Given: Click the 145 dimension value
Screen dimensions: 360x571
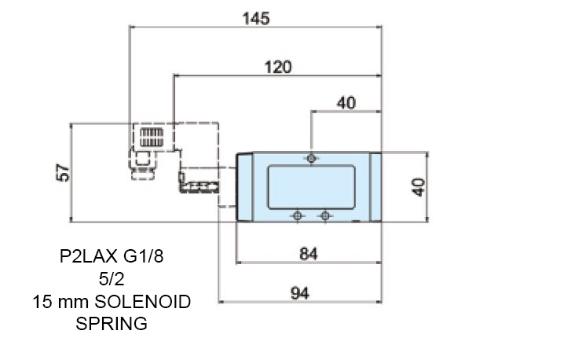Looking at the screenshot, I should coord(255,18).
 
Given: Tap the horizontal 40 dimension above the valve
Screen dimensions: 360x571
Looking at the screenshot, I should coord(346,102).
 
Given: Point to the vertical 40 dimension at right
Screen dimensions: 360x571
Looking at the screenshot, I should coord(418,187).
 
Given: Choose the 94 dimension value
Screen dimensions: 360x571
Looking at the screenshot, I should coord(298,292).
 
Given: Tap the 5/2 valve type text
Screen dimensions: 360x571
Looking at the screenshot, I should coord(112,278).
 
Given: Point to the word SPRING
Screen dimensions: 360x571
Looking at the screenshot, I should coord(112,322).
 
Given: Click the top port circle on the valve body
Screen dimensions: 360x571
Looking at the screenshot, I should coord(313,159).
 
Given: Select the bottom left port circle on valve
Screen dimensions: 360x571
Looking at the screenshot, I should coord(297,215).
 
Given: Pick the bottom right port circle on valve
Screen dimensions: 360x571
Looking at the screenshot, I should coord(324,215).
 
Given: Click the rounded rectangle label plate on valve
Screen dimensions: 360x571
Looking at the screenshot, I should coord(310,187).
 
